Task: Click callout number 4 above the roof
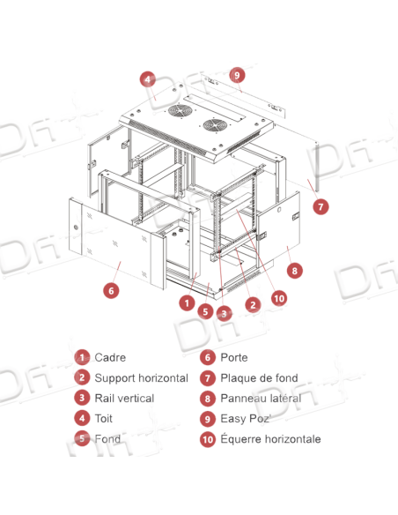[x=148, y=79]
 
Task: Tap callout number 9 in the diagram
[x=237, y=75]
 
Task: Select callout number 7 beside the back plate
[x=321, y=206]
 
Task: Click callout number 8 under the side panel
[x=294, y=271]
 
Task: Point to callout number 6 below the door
[x=111, y=290]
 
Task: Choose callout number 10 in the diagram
[x=279, y=298]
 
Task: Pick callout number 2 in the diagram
[x=253, y=305]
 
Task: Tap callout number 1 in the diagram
[x=188, y=302]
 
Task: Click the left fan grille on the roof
[x=180, y=111]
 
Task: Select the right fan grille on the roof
[x=215, y=126]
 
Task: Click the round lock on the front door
[x=76, y=227]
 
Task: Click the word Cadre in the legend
[x=110, y=357]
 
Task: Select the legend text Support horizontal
[x=141, y=378]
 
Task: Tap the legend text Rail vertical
[x=124, y=399]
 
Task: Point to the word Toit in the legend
[x=104, y=419]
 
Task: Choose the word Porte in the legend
[x=234, y=357]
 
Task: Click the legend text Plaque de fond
[x=259, y=378]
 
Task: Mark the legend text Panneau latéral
[x=261, y=399]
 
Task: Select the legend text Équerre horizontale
[x=270, y=439]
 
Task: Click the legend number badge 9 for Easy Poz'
[x=208, y=419]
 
